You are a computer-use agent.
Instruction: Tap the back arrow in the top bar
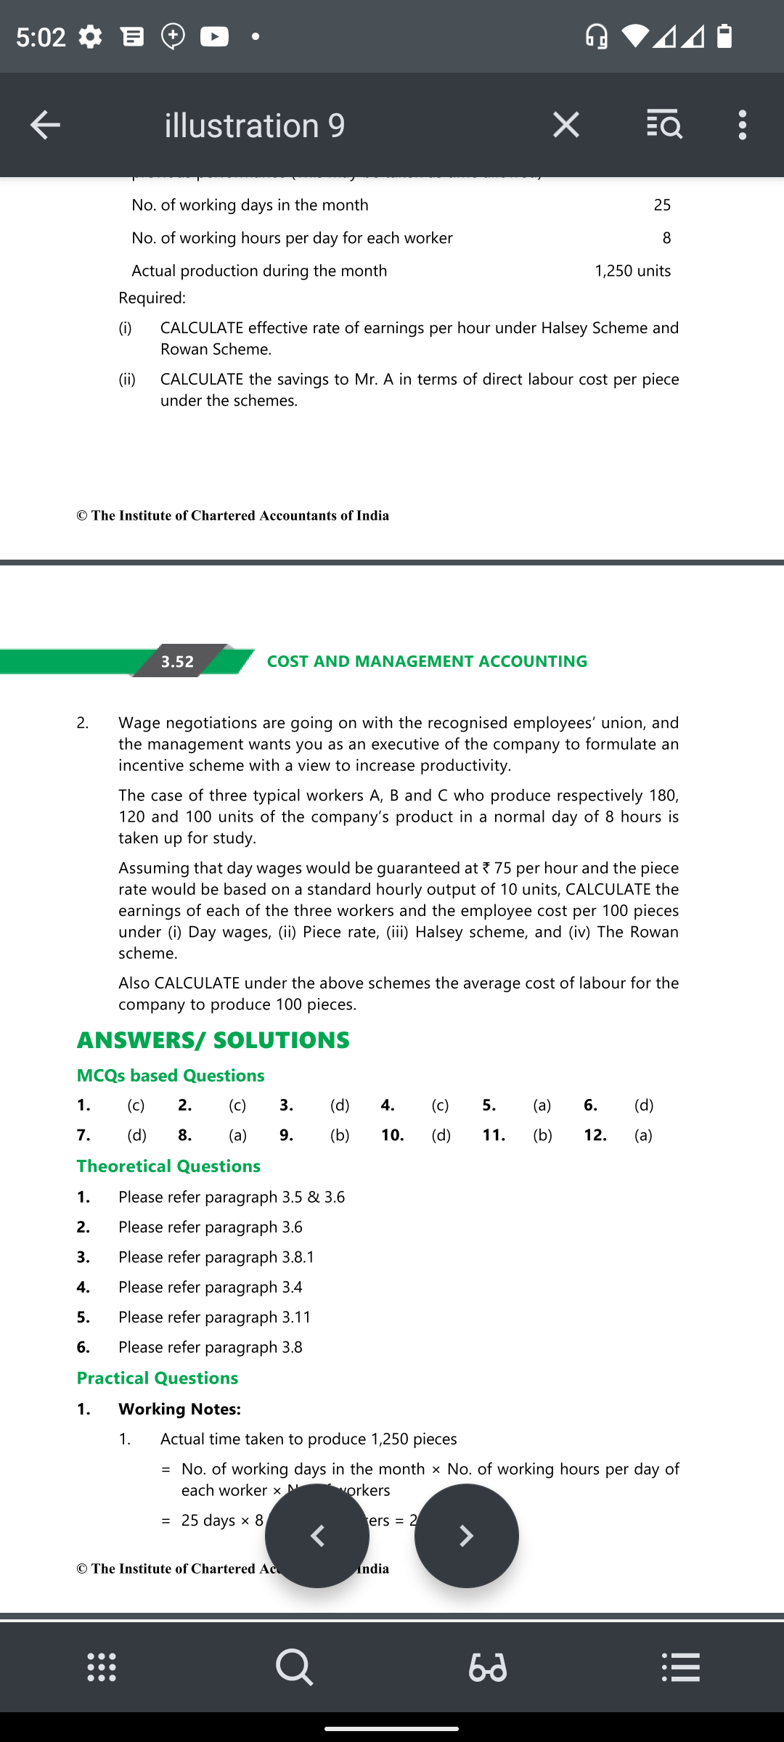coord(45,125)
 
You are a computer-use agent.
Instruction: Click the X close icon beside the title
coord(565,125)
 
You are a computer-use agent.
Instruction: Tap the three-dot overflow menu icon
coord(741,125)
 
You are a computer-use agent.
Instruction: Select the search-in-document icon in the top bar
coord(663,125)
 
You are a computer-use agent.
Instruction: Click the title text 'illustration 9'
coord(254,126)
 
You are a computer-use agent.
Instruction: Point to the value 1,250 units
coord(632,271)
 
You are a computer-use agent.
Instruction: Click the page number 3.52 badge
coord(178,661)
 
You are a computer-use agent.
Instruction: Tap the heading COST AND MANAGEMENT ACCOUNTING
coord(427,661)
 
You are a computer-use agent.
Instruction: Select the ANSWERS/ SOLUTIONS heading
coord(213,1040)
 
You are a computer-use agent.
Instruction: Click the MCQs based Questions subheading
coord(171,1076)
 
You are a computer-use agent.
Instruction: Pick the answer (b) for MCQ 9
coord(340,1135)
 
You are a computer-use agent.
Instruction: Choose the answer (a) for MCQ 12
coord(643,1135)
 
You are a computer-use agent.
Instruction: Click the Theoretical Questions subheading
coord(168,1166)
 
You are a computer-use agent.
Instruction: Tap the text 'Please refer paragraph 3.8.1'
coord(216,1257)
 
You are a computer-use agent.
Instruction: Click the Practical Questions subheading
coord(158,1378)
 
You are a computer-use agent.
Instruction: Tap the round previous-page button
coord(317,1536)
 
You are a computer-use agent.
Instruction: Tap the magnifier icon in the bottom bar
coord(295,1667)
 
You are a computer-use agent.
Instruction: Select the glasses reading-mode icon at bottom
coord(488,1667)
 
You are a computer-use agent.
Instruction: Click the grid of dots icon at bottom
coord(102,1667)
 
